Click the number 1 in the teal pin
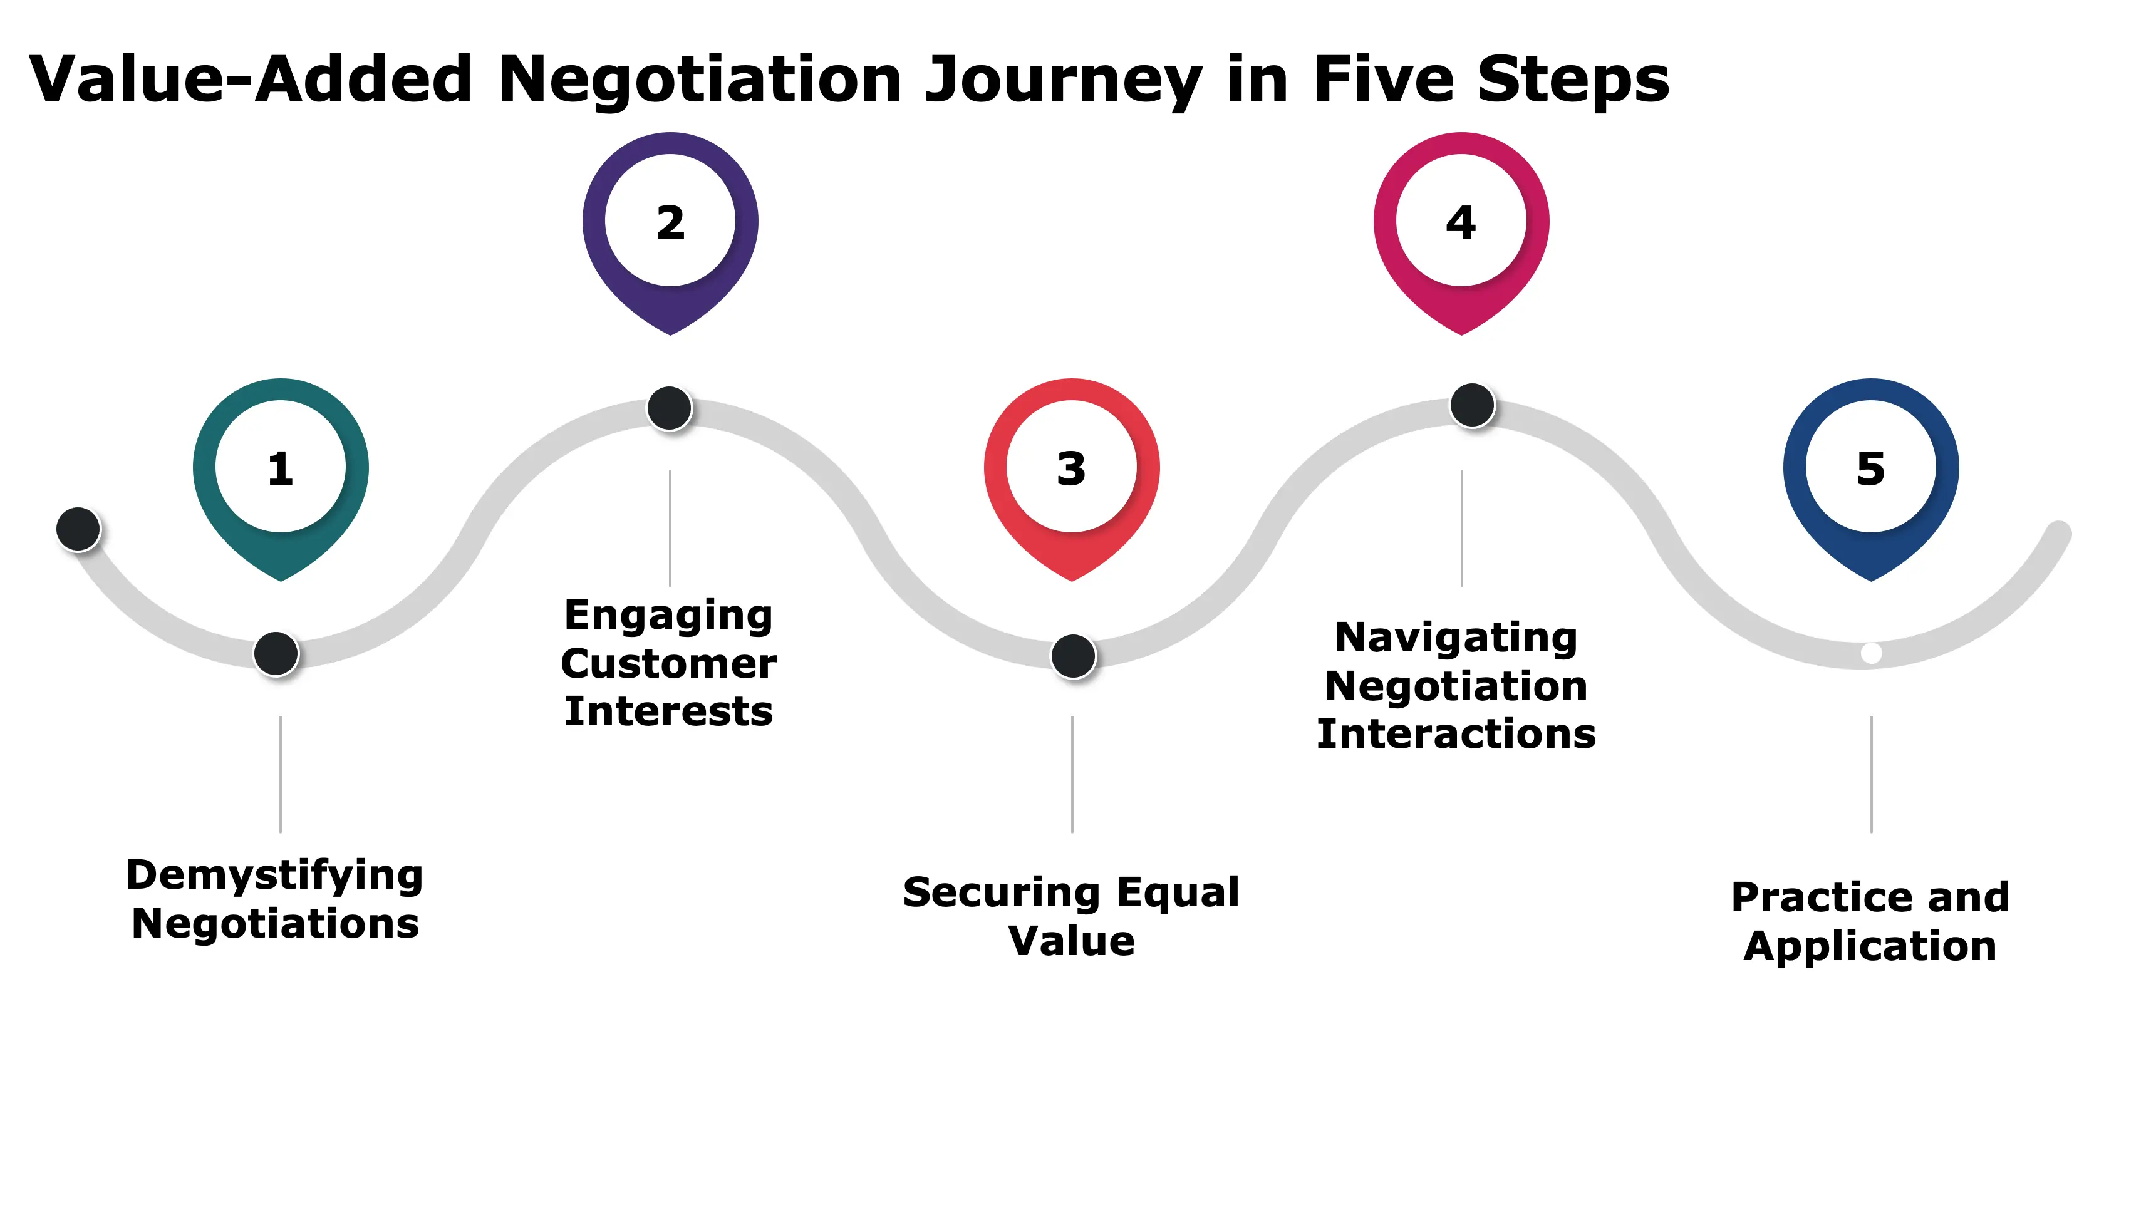281,468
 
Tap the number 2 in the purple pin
670,223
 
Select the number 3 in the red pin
1071,468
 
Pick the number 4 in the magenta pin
1461,223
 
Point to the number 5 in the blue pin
1871,468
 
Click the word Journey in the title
1063,80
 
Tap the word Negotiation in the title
700,80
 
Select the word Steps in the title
1573,80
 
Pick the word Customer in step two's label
669,664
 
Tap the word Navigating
1456,638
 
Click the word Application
1870,946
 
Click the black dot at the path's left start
78,529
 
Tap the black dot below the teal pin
276,653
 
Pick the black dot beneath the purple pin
670,408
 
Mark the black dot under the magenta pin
1472,405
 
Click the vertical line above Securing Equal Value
1072,773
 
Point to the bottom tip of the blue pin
1871,578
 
